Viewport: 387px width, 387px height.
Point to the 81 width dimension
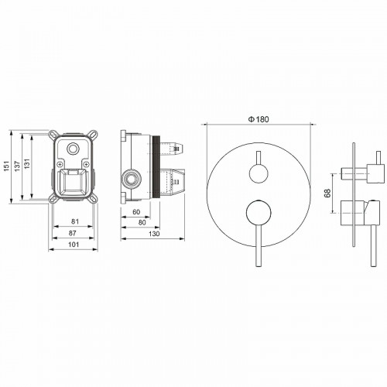pos(74,221)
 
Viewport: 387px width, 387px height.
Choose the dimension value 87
pos(74,233)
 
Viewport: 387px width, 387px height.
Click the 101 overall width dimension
pos(74,245)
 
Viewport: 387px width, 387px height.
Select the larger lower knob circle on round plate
pos(257,214)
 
